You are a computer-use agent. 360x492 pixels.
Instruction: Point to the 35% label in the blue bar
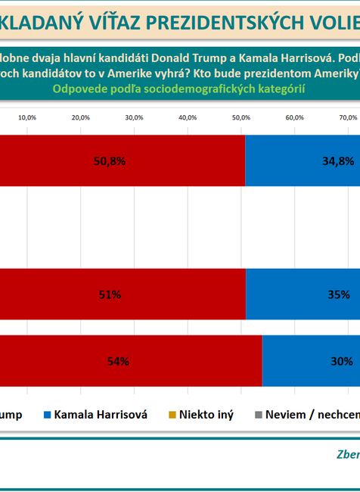tap(339, 294)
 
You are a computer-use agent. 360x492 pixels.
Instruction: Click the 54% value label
tap(118, 361)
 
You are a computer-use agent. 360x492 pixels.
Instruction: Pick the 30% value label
tap(342, 361)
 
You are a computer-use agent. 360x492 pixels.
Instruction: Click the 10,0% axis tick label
tap(27, 117)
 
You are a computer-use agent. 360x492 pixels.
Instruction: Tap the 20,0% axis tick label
tap(80, 117)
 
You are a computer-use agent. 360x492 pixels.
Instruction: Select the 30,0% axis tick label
tap(134, 117)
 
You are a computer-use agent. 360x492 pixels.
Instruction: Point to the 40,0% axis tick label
tap(188, 117)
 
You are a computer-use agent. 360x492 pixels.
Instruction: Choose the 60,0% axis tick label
tap(294, 117)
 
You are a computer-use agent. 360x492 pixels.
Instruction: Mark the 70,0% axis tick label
tap(348, 117)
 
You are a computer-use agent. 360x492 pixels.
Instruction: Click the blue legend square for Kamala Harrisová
tap(47, 414)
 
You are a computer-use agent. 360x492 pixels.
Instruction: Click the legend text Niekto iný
tap(206, 414)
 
